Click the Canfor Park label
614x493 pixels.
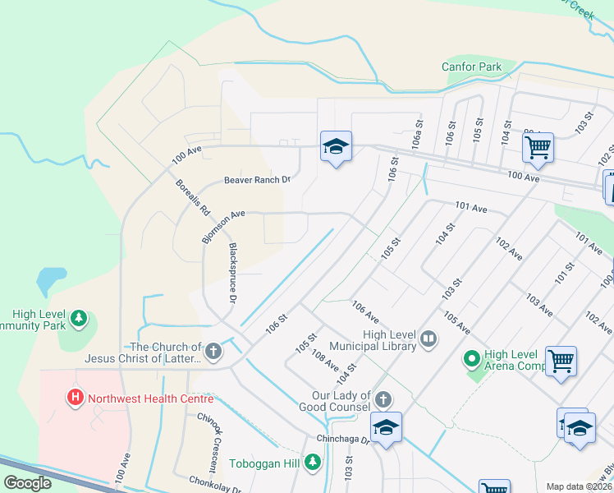tap(471, 67)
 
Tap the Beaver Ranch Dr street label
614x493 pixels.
tap(259, 180)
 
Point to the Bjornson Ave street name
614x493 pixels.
tap(223, 224)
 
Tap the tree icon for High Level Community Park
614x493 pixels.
tap(79, 317)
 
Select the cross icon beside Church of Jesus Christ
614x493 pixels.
tap(213, 352)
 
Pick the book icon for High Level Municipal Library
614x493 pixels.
tap(428, 339)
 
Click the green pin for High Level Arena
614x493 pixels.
tap(471, 359)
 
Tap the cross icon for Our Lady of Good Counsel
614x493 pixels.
tap(383, 400)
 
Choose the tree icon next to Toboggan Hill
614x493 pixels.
tap(312, 463)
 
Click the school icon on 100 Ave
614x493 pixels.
tap(336, 147)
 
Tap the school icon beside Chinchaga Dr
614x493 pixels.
tap(386, 427)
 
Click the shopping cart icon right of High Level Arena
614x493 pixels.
tap(561, 361)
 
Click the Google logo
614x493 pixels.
tap(27, 483)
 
